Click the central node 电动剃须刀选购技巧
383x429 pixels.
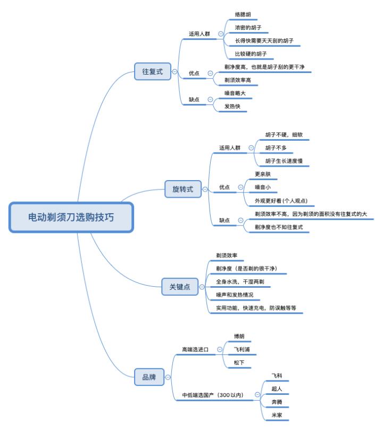(x=71, y=217)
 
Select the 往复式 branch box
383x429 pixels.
(x=152, y=71)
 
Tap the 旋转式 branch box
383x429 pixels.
(x=183, y=189)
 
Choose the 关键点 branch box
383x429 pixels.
(x=179, y=287)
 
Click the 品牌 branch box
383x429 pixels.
(x=149, y=377)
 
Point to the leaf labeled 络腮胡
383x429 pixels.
(x=245, y=14)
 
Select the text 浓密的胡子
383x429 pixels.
(x=248, y=27)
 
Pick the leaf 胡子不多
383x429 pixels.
(x=276, y=148)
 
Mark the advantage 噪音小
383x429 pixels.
(x=263, y=187)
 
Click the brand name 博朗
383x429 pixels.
(x=240, y=337)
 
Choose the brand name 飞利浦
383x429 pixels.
(x=242, y=350)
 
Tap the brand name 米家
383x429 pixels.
(x=277, y=414)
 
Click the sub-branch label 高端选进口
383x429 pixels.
(x=195, y=350)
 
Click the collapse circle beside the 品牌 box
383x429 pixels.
(x=168, y=377)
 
